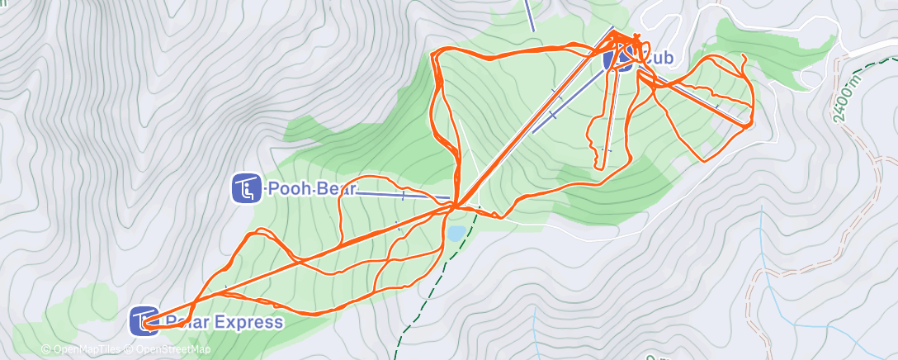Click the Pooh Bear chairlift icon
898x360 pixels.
coord(245,189)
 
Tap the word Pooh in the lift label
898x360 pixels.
coord(286,189)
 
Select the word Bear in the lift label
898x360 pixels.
coord(333,189)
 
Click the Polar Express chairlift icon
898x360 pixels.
coord(144,321)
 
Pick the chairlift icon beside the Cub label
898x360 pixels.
coord(617,59)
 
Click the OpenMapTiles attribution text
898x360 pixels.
coord(87,349)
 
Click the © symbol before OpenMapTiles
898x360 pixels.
coord(46,349)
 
